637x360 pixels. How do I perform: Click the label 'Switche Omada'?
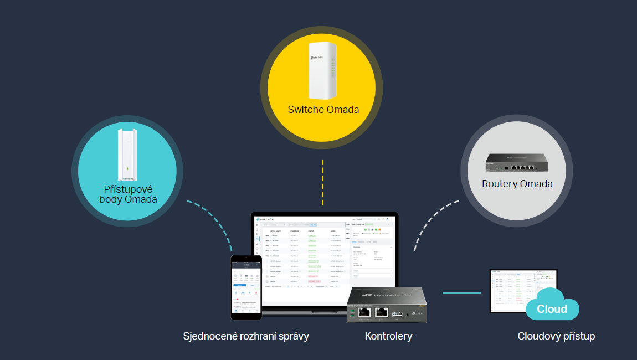[323, 109]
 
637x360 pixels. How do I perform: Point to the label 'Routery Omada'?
[517, 183]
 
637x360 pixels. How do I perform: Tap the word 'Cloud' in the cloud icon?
[552, 308]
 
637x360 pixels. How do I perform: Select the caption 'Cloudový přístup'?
[556, 336]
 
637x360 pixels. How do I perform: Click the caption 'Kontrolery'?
[388, 336]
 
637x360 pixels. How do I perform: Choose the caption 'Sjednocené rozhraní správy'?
[246, 336]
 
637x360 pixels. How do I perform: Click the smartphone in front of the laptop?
[246, 287]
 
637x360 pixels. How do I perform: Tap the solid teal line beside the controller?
[461, 292]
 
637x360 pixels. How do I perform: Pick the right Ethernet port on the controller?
[381, 311]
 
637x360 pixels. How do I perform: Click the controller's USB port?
[398, 314]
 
